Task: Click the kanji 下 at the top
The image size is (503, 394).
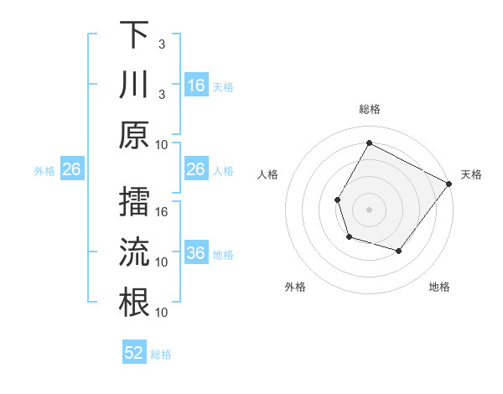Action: pos(134,35)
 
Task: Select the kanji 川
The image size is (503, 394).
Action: pos(134,85)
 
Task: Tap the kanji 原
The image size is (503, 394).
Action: pos(134,135)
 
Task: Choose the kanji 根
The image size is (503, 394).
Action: pos(134,303)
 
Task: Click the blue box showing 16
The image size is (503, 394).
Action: pos(196,86)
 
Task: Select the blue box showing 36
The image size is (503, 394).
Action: pos(196,253)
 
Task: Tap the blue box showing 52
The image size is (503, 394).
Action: pos(134,353)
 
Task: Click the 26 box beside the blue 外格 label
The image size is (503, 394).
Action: pos(72,169)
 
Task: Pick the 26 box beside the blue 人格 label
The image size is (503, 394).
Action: pos(196,169)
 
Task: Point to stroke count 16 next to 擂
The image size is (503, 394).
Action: pos(163,211)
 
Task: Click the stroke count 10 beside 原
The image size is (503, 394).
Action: pos(163,144)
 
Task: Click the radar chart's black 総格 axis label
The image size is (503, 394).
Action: pos(369,109)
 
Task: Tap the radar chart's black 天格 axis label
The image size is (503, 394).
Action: pos(471,174)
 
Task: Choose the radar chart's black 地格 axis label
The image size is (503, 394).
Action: pos(439,287)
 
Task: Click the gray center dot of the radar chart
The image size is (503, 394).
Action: pos(369,209)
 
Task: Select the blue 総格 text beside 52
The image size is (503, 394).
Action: pos(162,354)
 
